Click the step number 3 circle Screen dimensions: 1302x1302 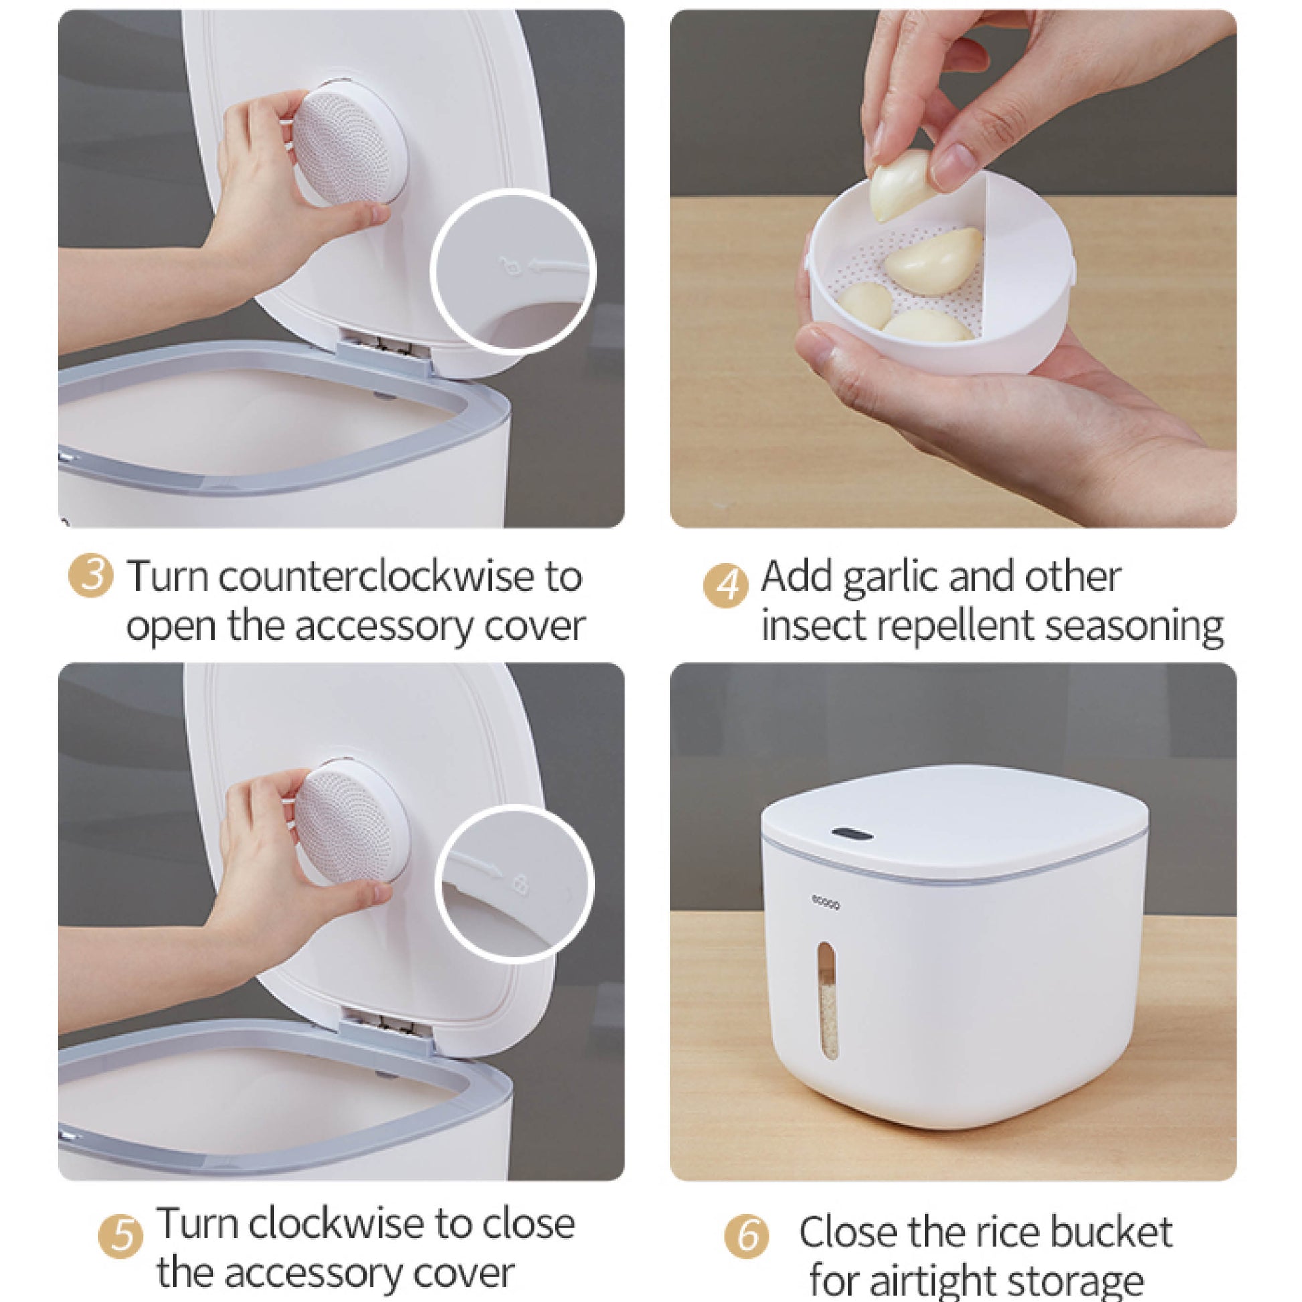[90, 575]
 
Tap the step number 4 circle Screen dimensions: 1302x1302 [725, 585]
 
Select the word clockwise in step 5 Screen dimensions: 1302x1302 [337, 1223]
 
